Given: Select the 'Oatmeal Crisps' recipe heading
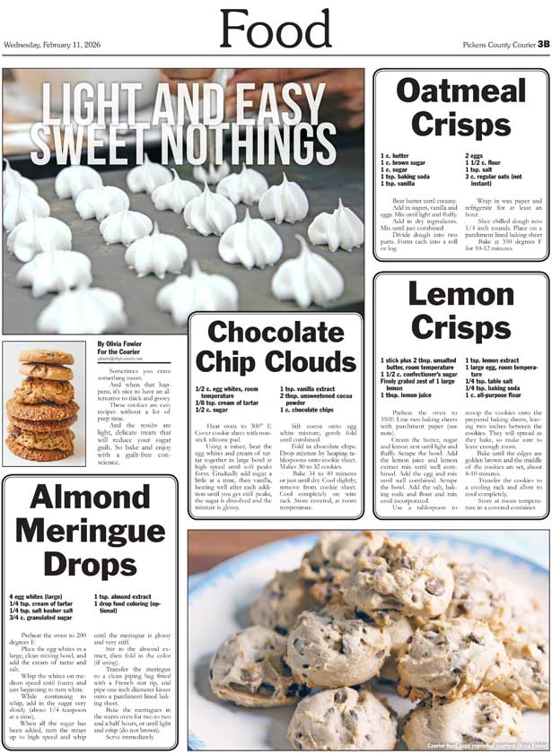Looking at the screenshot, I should pyautogui.click(x=460, y=107).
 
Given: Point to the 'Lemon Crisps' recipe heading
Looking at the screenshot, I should pyautogui.click(x=460, y=311).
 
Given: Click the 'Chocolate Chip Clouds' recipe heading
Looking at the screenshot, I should pyautogui.click(x=276, y=348).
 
